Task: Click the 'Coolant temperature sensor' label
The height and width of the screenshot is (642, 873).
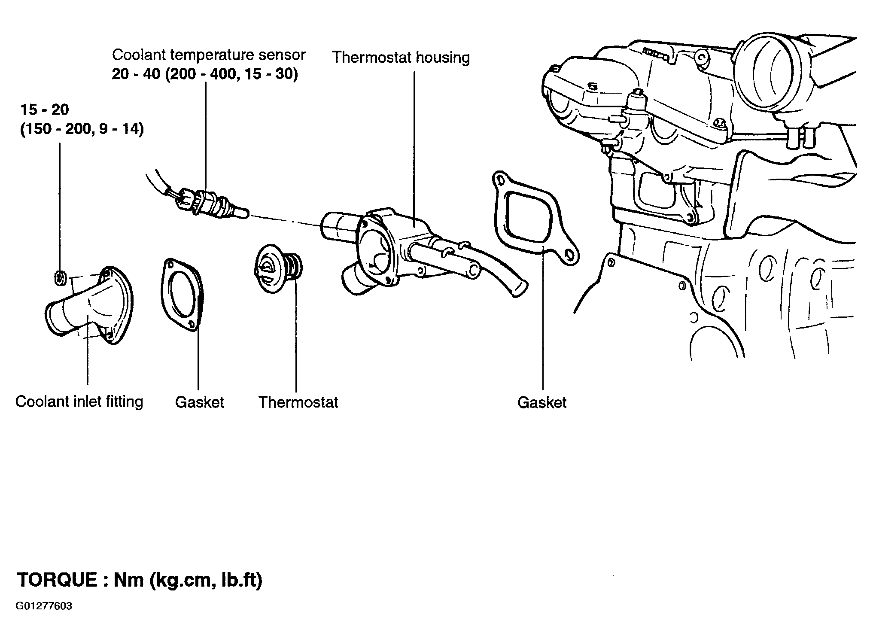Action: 209,55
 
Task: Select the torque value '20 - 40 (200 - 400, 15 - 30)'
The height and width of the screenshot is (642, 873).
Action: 205,75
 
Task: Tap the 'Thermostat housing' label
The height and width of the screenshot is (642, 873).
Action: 401,57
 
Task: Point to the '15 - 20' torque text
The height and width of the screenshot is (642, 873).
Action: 45,110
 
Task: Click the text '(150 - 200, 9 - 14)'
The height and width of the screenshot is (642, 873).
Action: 82,129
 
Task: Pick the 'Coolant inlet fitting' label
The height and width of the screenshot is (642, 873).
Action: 79,402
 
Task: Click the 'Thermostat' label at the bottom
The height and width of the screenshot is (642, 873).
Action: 298,402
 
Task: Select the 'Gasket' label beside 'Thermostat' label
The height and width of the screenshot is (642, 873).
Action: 200,402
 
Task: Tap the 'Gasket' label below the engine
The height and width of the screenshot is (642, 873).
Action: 542,402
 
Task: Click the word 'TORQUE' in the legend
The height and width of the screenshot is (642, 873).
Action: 57,580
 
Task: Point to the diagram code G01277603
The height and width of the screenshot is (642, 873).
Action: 44,606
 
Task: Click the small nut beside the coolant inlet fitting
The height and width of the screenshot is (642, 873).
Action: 61,278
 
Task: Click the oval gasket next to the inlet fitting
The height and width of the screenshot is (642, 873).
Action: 183,294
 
